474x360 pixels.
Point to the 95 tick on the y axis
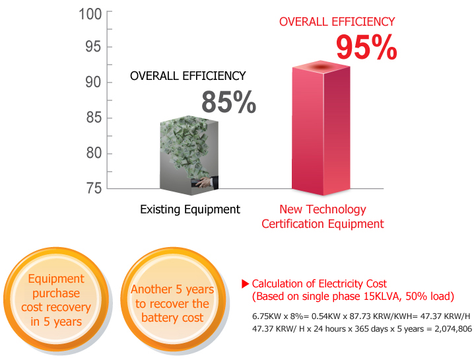(x=94, y=47)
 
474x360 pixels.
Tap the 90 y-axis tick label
(x=94, y=83)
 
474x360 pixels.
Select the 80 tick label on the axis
(x=94, y=154)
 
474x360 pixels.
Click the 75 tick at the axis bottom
(x=94, y=188)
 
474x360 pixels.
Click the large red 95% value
(x=366, y=48)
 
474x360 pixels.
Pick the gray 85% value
(x=228, y=102)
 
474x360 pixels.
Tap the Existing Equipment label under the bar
(x=190, y=209)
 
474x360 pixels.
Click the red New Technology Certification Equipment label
(x=322, y=217)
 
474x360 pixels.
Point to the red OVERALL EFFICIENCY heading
(x=337, y=22)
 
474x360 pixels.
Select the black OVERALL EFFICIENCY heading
(x=187, y=76)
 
